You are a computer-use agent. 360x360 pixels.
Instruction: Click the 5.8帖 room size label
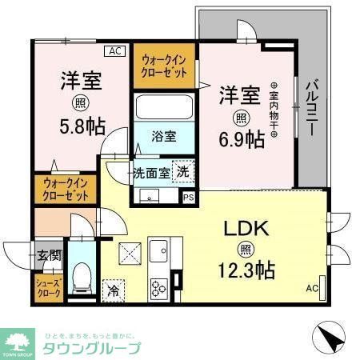81,126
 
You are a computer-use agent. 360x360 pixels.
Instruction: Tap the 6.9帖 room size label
245,138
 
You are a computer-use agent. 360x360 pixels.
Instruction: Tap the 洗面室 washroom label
150,173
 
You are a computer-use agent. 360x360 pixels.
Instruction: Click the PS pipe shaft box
189,197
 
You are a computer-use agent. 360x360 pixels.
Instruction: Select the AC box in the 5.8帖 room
115,51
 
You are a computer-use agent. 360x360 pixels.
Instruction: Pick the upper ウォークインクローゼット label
164,65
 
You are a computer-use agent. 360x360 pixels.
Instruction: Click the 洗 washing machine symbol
183,172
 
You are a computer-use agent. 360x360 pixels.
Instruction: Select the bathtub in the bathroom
164,106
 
